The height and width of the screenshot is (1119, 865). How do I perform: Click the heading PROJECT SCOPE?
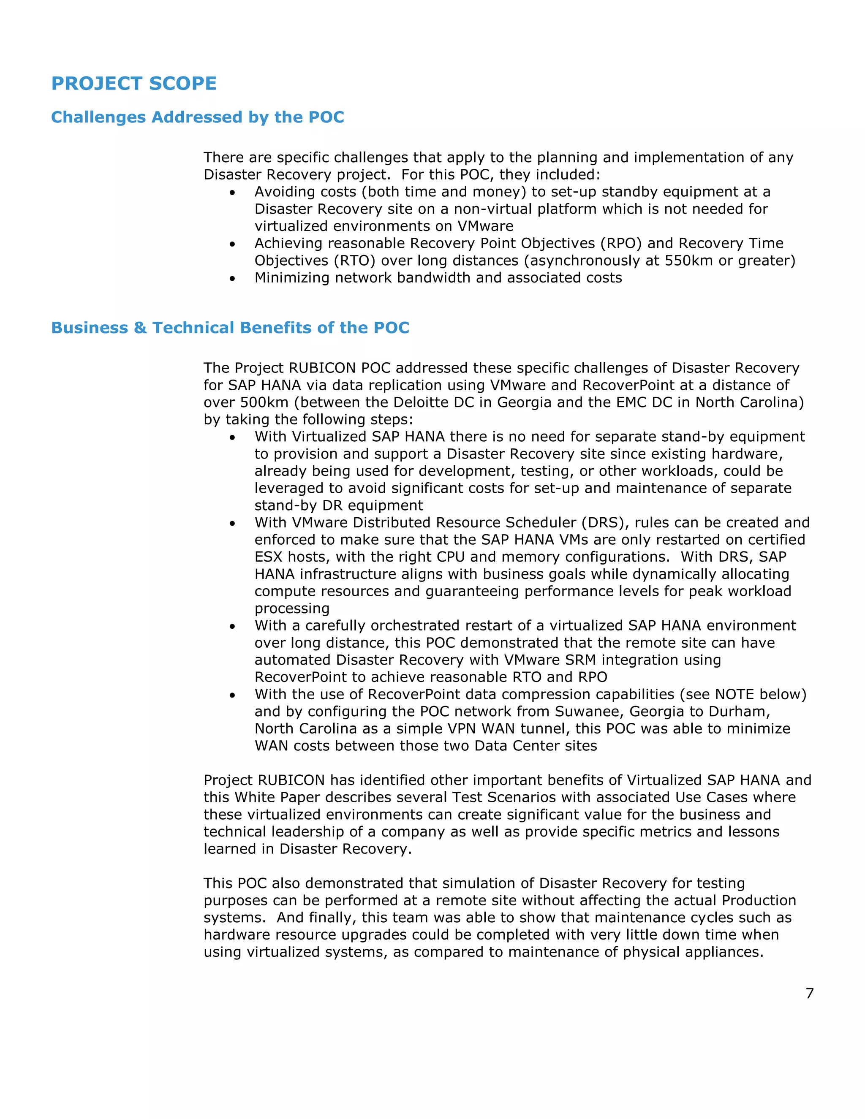pos(134,84)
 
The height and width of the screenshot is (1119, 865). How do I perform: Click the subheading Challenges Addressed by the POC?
pos(197,117)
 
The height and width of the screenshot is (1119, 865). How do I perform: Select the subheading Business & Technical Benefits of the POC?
pos(230,328)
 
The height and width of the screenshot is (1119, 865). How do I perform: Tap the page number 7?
pos(809,994)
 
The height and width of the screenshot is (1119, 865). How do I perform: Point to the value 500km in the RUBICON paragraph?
pos(264,402)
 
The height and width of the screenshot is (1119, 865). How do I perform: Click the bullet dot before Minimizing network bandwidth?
pos(233,279)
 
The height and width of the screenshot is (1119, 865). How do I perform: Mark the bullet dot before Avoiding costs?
pos(233,193)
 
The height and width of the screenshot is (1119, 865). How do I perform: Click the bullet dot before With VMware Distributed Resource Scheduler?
pos(233,524)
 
